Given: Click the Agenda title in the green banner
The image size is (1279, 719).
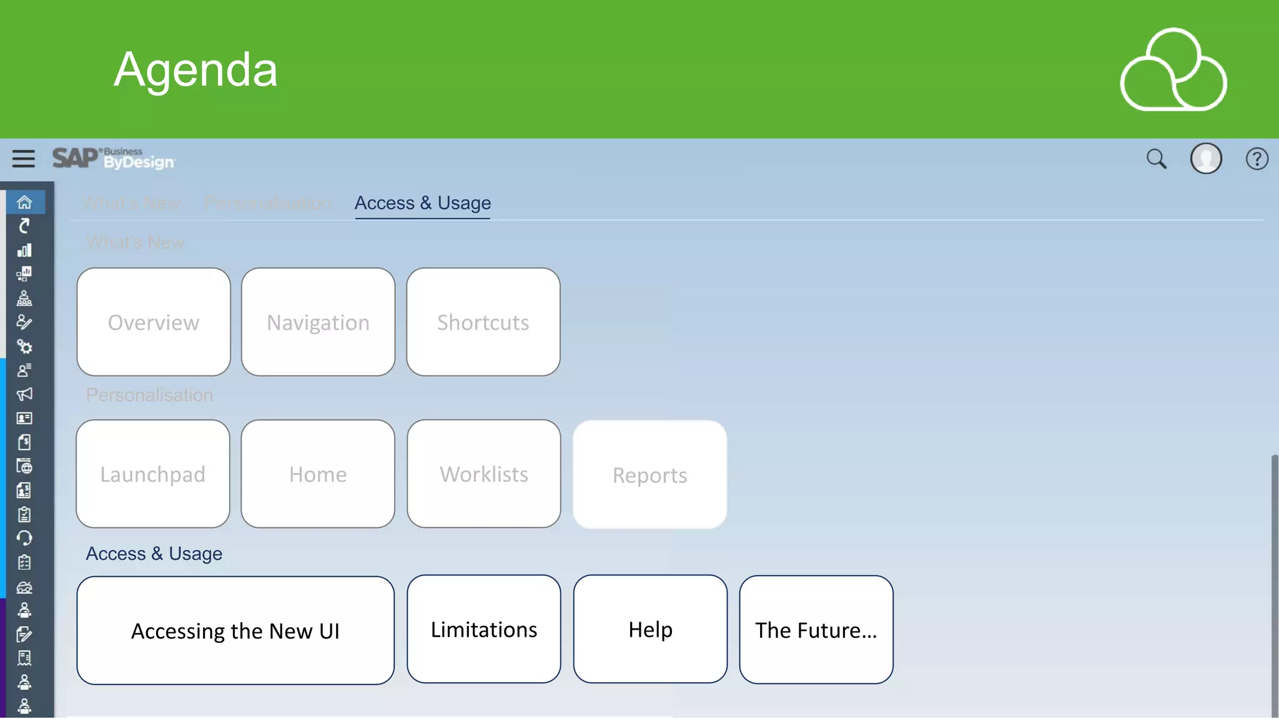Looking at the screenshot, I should coord(195,69).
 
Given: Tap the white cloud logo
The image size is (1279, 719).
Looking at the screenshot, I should coord(1173,70).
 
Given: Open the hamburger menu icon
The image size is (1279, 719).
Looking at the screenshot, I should coord(24,159).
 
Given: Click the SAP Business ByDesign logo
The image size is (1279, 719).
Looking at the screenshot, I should coord(114,159).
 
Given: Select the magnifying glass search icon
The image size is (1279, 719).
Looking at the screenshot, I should coord(1156,159).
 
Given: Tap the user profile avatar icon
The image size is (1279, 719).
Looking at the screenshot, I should coord(1206,159).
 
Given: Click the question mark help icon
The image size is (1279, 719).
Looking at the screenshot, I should coord(1257,159).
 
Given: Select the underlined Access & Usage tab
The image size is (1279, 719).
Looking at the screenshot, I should coord(423,203).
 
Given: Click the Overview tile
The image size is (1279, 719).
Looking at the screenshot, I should coord(154,322).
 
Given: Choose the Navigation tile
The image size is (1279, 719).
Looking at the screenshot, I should coord(318,322).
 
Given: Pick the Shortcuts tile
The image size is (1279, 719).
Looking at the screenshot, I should coord(483,322).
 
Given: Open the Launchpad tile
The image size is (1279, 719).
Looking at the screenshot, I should coord(153,474).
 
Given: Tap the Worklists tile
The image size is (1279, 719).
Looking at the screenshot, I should coord(484,474).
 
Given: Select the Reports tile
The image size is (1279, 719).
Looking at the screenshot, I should coord(649,475).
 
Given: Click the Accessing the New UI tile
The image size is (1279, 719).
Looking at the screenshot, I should coord(235,630).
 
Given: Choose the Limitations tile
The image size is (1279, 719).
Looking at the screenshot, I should coord(484,629).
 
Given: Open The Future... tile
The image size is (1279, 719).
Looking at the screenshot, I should coord(816,630).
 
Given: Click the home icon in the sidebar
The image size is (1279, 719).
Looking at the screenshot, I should coord(24,202).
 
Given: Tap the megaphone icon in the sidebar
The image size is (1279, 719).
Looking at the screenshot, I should coord(24,394).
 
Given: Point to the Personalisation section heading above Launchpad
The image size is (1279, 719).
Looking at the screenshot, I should coord(149,395).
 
